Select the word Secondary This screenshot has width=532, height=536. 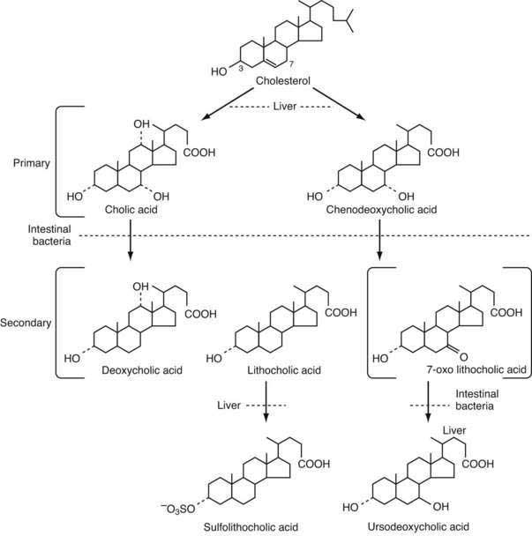point(27,322)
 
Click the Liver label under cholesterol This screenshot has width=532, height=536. point(284,107)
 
